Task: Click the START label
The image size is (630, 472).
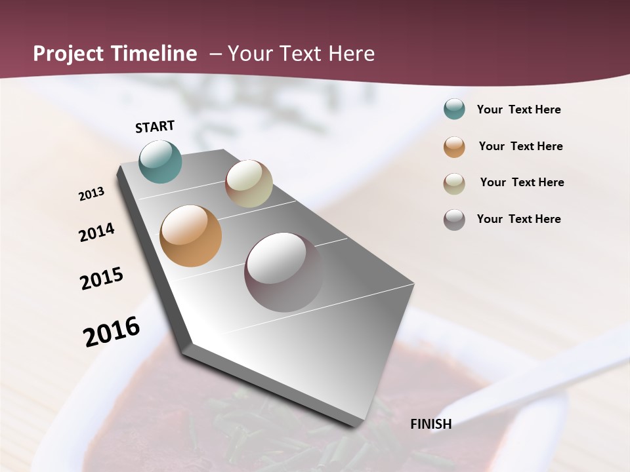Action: [155, 127]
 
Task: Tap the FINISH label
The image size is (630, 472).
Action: [431, 424]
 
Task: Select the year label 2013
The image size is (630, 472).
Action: [92, 194]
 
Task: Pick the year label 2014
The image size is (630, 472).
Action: [96, 233]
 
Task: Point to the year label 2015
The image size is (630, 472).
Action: [102, 279]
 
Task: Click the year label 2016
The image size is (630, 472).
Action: [112, 331]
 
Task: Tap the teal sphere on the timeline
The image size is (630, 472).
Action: [161, 161]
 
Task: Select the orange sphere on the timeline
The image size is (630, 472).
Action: [191, 236]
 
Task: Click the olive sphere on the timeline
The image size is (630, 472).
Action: [249, 184]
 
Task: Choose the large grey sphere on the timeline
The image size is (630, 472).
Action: [284, 271]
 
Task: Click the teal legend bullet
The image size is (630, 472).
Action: [454, 109]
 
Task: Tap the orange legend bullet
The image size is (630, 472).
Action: [454, 146]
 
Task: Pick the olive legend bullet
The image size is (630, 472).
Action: [454, 183]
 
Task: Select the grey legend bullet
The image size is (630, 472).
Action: [454, 219]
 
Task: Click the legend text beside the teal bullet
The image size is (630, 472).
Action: [518, 109]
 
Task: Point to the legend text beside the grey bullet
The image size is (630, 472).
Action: [518, 219]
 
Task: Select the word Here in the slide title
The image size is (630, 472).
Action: [351, 54]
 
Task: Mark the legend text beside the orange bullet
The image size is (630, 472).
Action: [520, 146]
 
